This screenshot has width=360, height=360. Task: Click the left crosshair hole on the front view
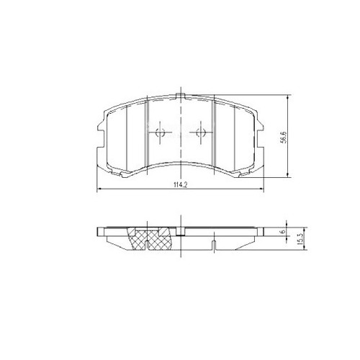tap(161, 132)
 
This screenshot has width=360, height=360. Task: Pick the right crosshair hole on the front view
tap(202, 132)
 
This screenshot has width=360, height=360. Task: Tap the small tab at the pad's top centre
tap(181, 95)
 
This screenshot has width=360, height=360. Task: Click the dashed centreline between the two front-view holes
tap(181, 133)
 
